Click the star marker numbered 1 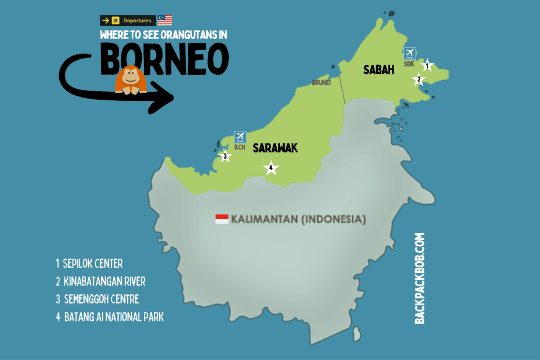coord(428,66)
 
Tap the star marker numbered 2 coord(419,80)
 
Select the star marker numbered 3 coord(225,156)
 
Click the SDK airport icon coord(409,53)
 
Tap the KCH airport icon coord(240,137)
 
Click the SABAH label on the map coord(379,70)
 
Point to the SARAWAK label coord(275,148)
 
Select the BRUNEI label coord(321,83)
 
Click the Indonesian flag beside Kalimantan coord(221,219)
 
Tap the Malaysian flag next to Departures coord(165,21)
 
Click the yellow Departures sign coord(128,21)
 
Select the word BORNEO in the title coord(165,58)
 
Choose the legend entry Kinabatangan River coord(100,281)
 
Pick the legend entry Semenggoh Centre coord(97,299)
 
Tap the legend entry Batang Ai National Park coord(109,318)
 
